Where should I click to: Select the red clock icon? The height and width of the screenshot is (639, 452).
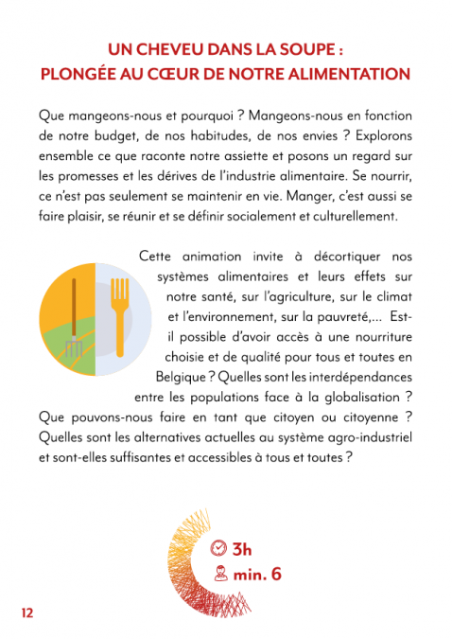[220, 549]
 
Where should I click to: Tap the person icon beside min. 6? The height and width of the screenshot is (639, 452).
[220, 573]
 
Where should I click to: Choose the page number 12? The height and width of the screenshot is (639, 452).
[27, 612]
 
